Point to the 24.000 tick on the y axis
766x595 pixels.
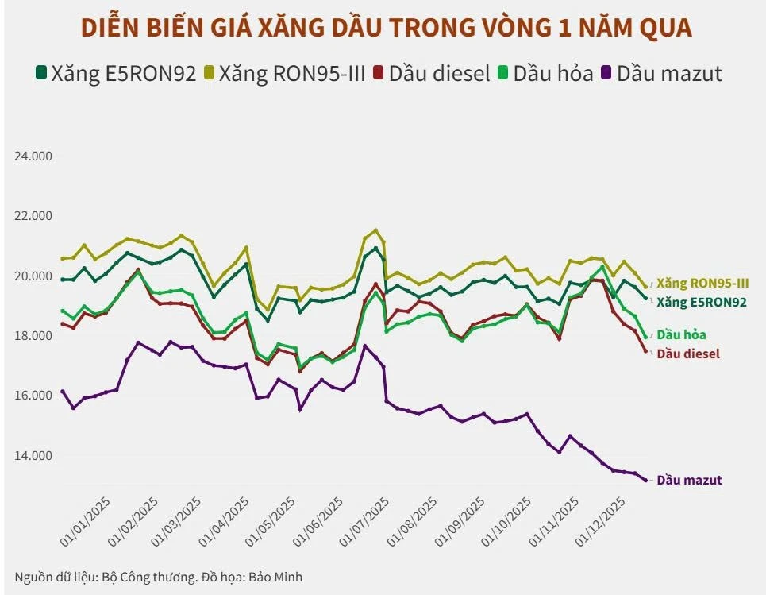coord(33,156)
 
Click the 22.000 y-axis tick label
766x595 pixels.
coord(33,216)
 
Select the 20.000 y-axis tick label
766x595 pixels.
coord(33,276)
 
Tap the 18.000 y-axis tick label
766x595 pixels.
coord(33,336)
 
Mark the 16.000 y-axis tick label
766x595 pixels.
coord(33,396)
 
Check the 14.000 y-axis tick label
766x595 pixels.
coord(33,455)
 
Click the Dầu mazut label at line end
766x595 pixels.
coord(689,480)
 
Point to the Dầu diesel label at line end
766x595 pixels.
coord(688,354)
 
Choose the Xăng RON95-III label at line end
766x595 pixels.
coord(702,283)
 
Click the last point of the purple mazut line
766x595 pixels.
coord(645,480)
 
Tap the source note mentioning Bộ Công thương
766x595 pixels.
coord(158,577)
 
